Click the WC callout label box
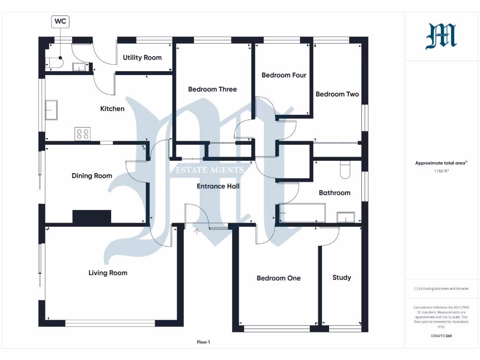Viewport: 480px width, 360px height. pos(60,21)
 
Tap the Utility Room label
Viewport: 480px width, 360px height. pos(142,58)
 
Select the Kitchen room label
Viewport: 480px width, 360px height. pos(112,109)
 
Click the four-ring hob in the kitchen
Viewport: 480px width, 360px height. pos(82,134)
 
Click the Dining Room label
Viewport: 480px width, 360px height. pos(92,176)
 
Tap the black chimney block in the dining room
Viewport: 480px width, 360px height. pos(92,217)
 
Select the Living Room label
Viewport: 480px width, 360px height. pos(108,273)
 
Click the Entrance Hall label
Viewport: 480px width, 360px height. pos(218,186)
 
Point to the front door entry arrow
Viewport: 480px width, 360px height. pos(197,231)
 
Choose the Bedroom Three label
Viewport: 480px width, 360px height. pos(212,89)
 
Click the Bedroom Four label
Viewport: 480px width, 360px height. pos(284,75)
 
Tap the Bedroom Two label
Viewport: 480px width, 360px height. pos(337,94)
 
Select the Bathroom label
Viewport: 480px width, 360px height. pos(334,193)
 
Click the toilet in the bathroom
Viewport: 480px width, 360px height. pos(345,170)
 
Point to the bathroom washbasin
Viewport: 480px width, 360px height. pos(346,217)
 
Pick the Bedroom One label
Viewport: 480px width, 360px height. pos(278,278)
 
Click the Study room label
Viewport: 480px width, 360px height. pos(342,277)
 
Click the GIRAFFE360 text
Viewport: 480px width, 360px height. pos(441,336)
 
